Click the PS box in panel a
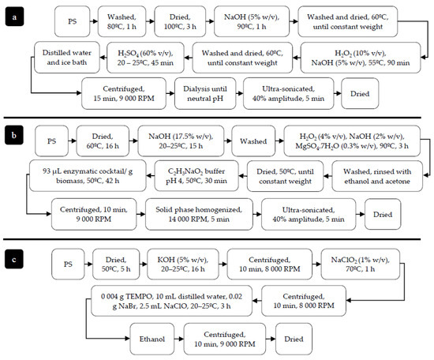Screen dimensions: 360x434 tap(71, 21)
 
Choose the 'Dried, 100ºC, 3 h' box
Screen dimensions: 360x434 tap(186, 21)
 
